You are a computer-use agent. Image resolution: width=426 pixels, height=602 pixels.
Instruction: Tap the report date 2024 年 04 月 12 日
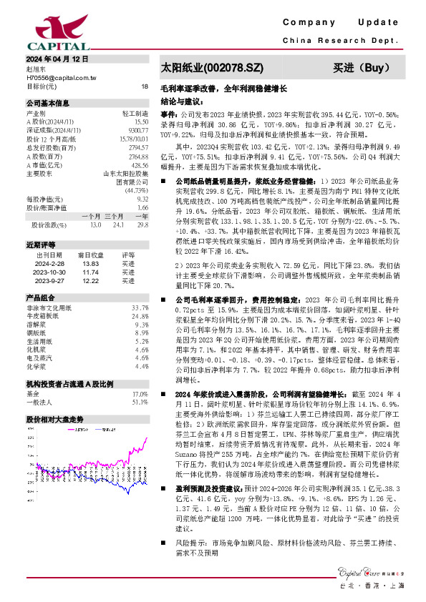click(57, 59)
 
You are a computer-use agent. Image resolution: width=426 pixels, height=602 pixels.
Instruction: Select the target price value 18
click(145, 86)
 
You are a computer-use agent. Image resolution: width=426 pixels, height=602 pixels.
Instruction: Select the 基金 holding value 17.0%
click(140, 394)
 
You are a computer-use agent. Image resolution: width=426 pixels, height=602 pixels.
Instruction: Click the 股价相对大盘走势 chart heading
click(54, 420)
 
